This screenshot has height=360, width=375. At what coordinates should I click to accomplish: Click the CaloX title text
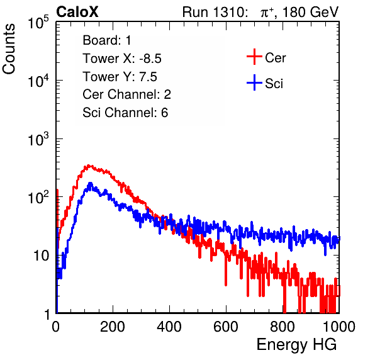77,12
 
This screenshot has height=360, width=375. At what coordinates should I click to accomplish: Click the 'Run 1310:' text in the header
215,12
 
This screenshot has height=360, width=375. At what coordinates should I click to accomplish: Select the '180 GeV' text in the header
311,12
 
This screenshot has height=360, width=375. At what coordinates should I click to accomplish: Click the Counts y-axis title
9,49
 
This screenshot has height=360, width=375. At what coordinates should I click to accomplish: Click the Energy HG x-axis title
297,344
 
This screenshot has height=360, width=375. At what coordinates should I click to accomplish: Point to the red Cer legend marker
254,57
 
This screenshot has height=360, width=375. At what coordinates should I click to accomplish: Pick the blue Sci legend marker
254,82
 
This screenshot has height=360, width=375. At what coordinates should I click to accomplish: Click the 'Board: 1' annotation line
107,40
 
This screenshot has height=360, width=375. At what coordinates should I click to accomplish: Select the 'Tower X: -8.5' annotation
122,59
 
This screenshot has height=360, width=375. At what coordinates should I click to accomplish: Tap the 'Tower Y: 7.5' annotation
120,77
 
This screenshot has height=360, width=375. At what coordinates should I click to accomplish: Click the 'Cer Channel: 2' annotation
126,94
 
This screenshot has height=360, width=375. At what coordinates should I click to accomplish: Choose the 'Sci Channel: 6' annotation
125,113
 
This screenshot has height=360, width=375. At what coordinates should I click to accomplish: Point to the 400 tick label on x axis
169,327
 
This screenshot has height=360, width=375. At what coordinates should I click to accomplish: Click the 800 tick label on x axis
283,327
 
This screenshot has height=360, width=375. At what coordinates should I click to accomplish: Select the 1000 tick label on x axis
339,327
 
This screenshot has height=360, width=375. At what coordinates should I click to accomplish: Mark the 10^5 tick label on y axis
38,23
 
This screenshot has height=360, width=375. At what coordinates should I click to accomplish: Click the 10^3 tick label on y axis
38,140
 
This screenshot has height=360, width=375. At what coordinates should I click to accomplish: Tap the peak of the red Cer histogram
89,166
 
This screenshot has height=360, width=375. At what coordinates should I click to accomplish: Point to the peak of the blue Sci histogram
90,184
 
